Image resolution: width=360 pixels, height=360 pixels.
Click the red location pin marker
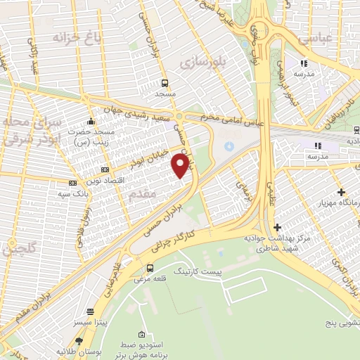[x=181, y=166]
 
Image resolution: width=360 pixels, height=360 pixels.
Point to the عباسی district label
[x=314, y=39]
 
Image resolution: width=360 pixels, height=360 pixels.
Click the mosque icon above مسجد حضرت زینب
[x=90, y=120]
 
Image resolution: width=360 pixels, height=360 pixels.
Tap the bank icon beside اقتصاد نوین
[x=105, y=169]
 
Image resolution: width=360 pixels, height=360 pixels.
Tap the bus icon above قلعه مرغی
[x=150, y=267]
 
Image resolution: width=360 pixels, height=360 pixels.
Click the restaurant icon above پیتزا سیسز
[x=90, y=311]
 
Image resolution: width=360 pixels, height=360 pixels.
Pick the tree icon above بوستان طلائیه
[x=89, y=341]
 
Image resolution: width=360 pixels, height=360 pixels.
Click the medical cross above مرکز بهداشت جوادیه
[x=278, y=227]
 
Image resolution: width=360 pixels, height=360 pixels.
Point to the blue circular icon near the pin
[x=228, y=146]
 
